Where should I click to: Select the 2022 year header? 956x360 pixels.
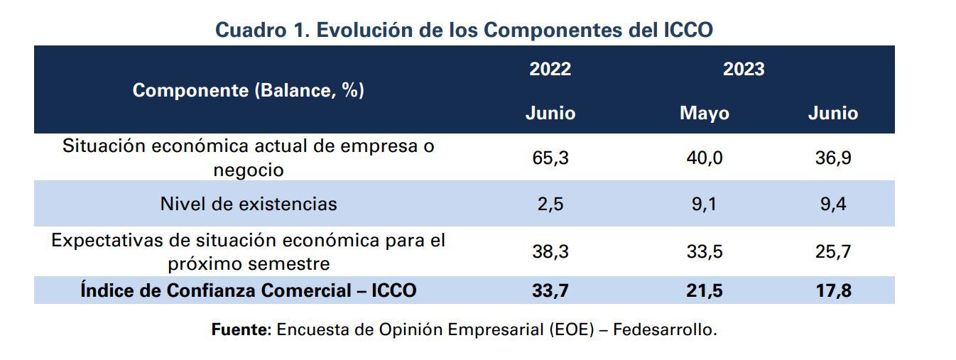pyautogui.click(x=550, y=69)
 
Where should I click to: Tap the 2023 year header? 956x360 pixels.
pyautogui.click(x=744, y=69)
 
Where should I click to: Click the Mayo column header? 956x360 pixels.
pyautogui.click(x=704, y=114)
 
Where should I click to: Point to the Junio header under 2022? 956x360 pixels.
pyautogui.click(x=550, y=114)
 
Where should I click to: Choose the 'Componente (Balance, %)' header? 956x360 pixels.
pyautogui.click(x=248, y=91)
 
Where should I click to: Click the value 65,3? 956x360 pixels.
pyautogui.click(x=550, y=158)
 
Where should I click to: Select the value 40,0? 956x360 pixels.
pyautogui.click(x=704, y=158)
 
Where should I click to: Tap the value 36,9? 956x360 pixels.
pyautogui.click(x=832, y=158)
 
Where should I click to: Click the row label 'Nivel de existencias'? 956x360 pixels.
pyautogui.click(x=248, y=204)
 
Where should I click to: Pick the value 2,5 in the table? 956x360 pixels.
pyautogui.click(x=550, y=204)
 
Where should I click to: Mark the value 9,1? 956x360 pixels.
pyautogui.click(x=704, y=204)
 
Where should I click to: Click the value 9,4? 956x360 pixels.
pyautogui.click(x=832, y=204)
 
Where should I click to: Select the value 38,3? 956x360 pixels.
pyautogui.click(x=550, y=252)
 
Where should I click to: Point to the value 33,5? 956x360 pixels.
pyautogui.click(x=704, y=252)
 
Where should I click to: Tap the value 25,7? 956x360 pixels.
pyautogui.click(x=832, y=252)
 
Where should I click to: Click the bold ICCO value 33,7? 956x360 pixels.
pyautogui.click(x=550, y=290)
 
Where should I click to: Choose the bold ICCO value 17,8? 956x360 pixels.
pyautogui.click(x=832, y=290)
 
